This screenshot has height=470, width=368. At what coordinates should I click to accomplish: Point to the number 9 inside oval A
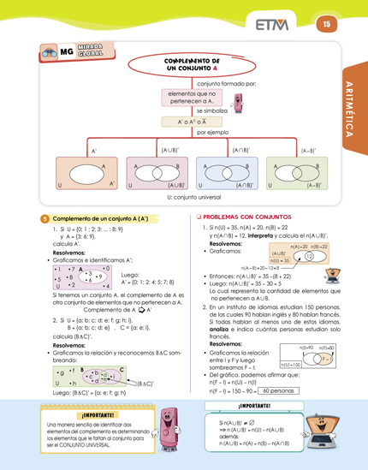(99, 277)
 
